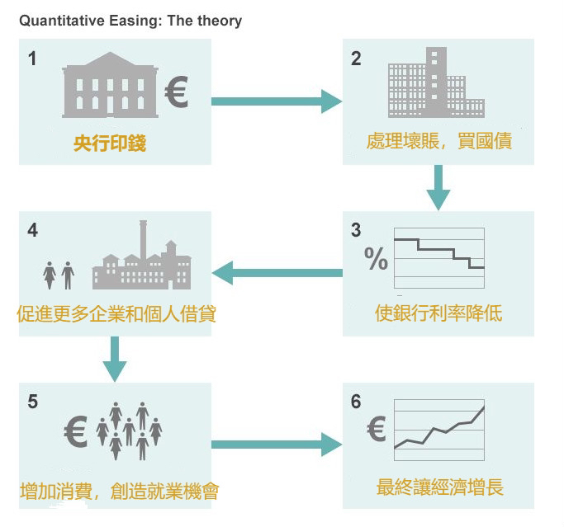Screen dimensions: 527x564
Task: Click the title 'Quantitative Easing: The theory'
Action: point(130,21)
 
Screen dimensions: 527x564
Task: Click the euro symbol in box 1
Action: point(176,92)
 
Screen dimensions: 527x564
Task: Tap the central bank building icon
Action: point(110,86)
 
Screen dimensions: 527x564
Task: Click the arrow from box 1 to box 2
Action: point(276,101)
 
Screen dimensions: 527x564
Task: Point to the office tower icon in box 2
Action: point(437,82)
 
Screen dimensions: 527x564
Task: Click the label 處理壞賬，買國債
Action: point(438,141)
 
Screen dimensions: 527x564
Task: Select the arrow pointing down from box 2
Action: point(438,187)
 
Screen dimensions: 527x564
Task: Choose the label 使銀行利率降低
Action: point(438,313)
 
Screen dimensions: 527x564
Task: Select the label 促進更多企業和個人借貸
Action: point(116,314)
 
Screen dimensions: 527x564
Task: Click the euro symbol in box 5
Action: point(75,430)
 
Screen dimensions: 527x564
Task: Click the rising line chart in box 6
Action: point(438,429)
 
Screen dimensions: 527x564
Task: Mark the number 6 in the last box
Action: point(356,402)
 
